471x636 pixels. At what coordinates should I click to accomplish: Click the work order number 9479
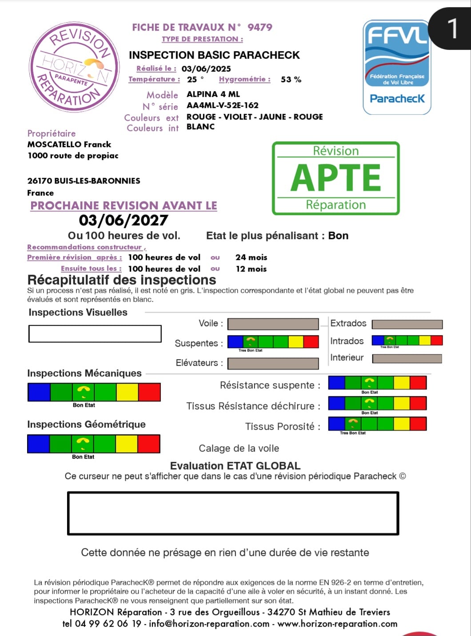(259, 27)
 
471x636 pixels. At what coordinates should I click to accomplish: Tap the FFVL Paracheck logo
(397, 67)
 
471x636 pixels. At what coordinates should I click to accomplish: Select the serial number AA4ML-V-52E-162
(222, 105)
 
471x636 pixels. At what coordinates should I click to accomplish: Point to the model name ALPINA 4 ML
(213, 94)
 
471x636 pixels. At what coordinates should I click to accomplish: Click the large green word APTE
(336, 178)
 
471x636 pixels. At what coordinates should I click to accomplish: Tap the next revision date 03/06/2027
(124, 220)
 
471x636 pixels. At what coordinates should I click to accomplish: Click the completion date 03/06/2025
(206, 69)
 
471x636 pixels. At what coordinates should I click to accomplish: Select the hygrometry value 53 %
(291, 80)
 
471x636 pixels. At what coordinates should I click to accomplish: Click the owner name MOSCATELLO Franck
(69, 144)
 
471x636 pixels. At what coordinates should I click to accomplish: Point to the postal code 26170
(40, 181)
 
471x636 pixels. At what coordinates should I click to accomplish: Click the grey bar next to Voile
(273, 324)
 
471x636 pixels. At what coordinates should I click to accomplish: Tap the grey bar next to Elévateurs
(273, 363)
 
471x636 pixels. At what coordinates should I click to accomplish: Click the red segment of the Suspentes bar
(311, 341)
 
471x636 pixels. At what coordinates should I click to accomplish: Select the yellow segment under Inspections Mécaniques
(127, 392)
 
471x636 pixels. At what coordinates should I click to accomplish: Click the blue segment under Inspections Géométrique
(38, 444)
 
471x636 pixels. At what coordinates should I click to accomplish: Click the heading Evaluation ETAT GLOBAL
(235, 466)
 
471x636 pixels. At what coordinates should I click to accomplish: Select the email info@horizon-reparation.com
(209, 624)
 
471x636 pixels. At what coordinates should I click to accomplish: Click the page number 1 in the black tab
(452, 28)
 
